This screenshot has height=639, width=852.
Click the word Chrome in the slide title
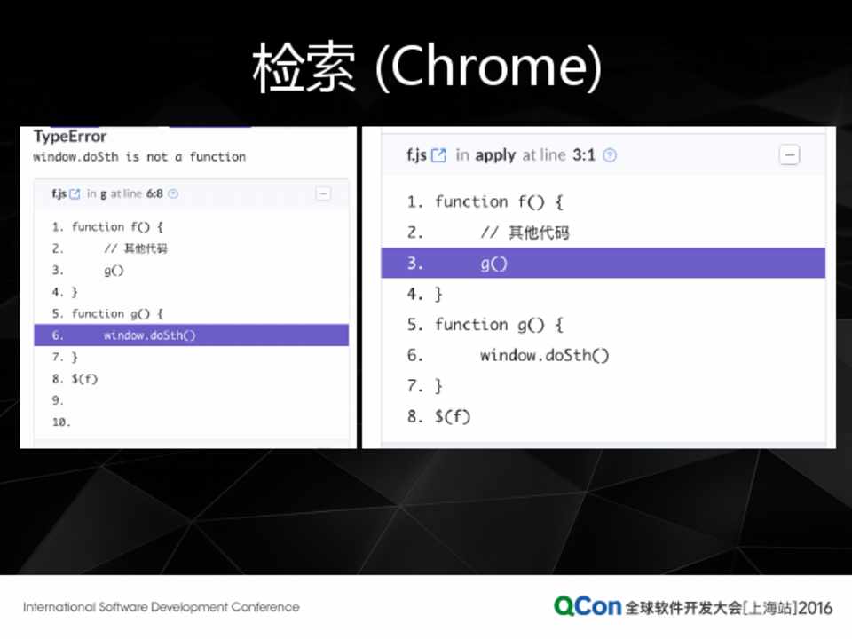(489, 67)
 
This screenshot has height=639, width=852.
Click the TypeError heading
(70, 137)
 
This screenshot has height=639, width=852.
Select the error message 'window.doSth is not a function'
(139, 157)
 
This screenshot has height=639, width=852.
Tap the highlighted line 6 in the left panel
(192, 335)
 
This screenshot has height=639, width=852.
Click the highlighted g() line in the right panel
(603, 264)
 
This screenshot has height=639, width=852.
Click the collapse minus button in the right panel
(790, 155)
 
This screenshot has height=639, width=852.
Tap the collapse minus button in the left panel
(323, 194)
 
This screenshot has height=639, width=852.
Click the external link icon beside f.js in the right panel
(438, 156)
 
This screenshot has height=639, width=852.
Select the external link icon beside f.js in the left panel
(75, 194)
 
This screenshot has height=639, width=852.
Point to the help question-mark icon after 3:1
(611, 156)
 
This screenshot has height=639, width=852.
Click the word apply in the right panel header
(495, 156)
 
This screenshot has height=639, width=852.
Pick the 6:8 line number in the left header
(154, 194)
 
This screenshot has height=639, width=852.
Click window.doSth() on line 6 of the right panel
(544, 355)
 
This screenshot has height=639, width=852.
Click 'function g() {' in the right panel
(499, 325)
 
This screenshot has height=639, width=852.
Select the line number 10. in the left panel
(61, 422)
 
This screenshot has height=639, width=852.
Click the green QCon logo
(588, 606)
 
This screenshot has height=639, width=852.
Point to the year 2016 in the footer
(816, 608)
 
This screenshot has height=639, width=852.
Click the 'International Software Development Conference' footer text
(162, 607)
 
